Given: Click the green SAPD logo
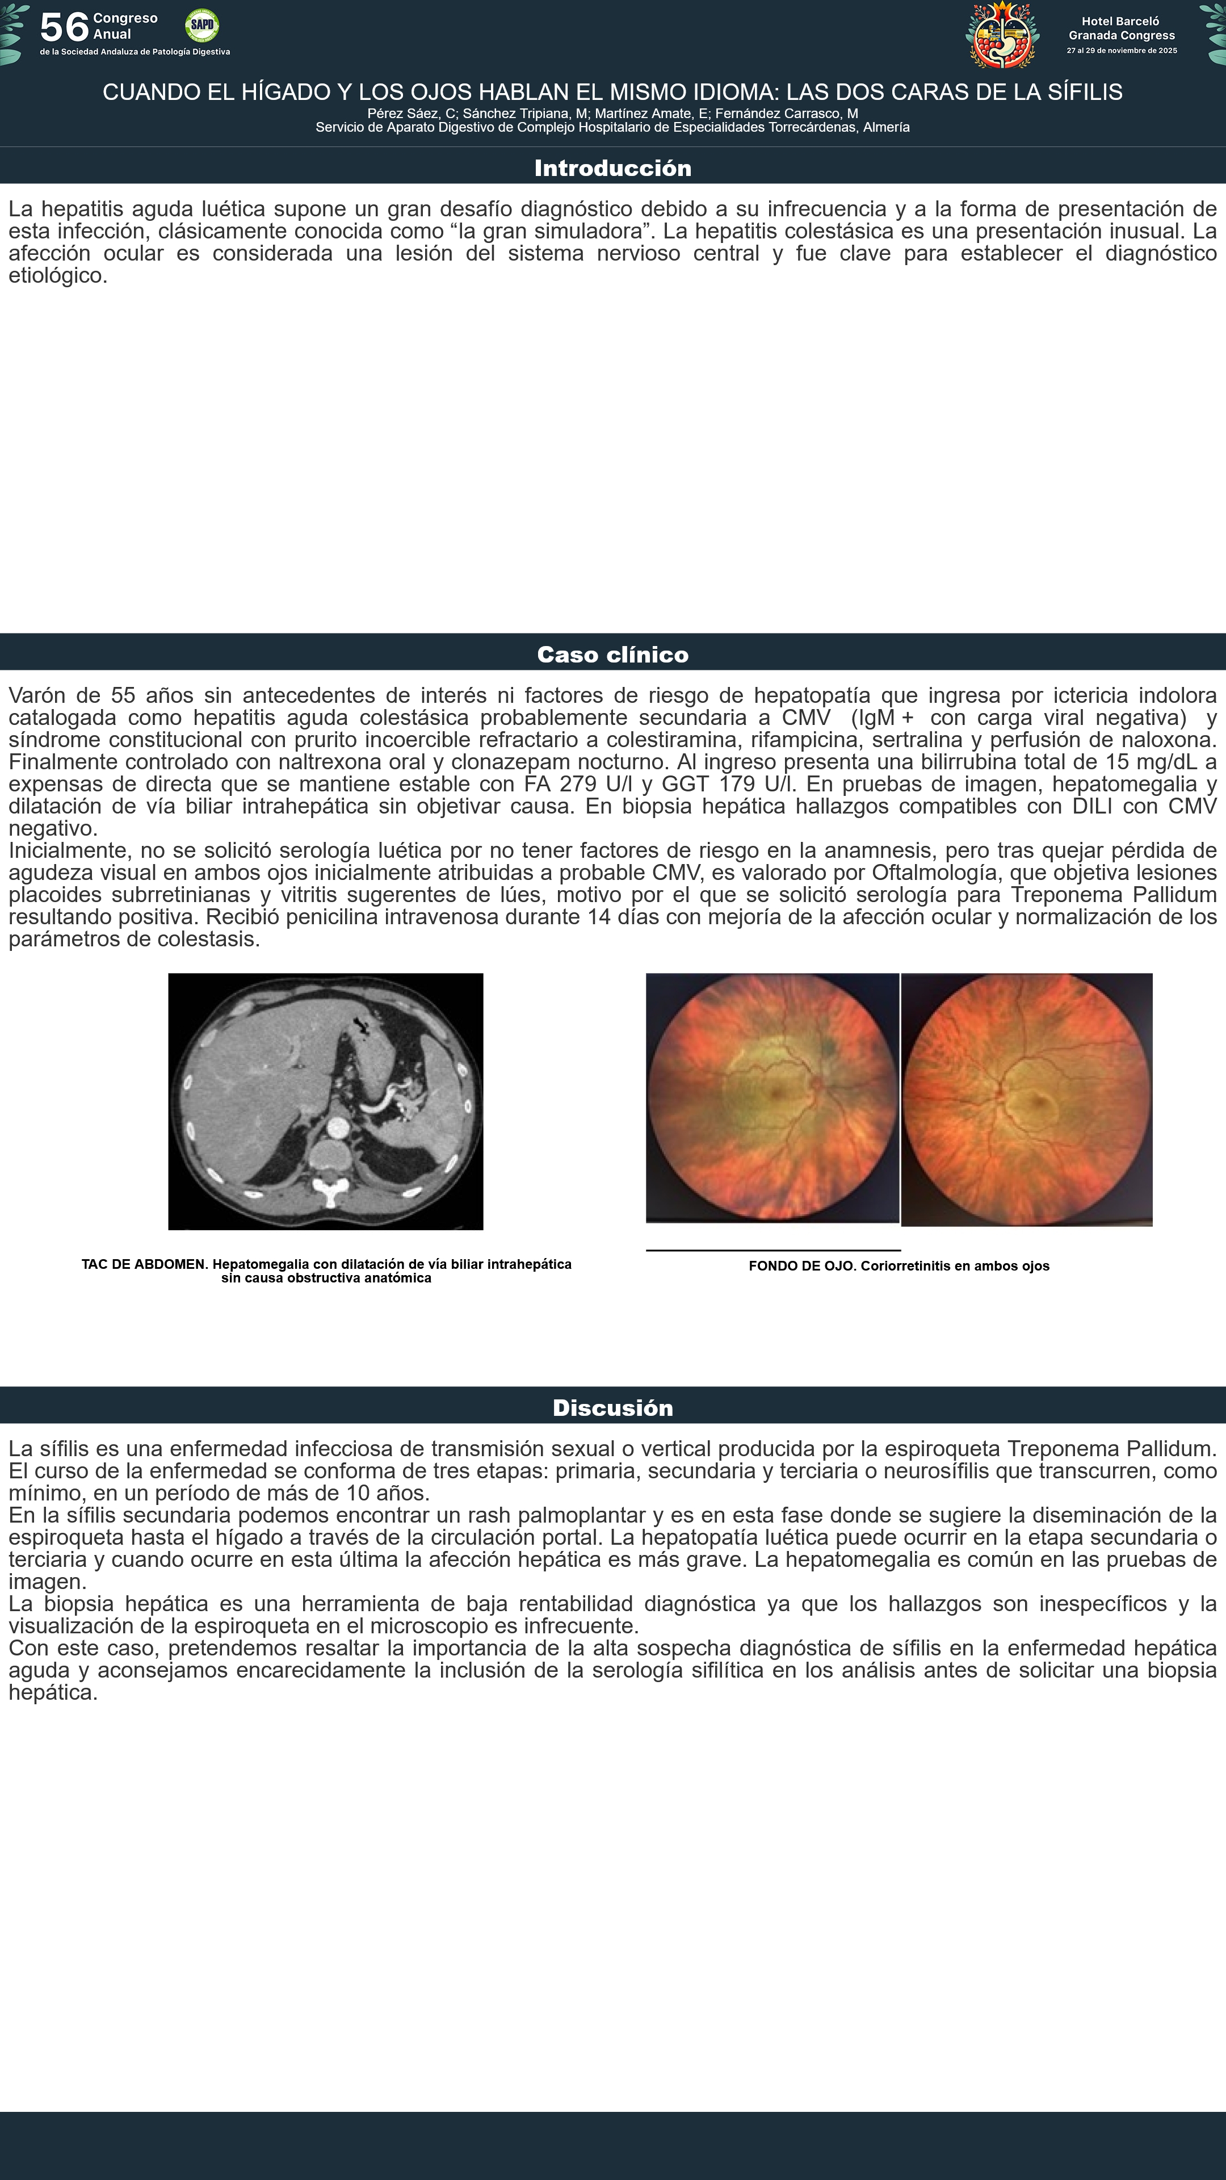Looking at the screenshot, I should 201,26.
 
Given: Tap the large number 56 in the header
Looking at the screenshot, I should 64,28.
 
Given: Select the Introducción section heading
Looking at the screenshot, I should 612,167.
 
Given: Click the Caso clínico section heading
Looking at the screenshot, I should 612,654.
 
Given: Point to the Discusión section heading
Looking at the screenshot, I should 612,1407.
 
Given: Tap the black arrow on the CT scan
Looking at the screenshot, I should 362,1026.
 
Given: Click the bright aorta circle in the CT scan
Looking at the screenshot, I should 338,1127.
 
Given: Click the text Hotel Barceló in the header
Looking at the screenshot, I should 1120,21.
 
